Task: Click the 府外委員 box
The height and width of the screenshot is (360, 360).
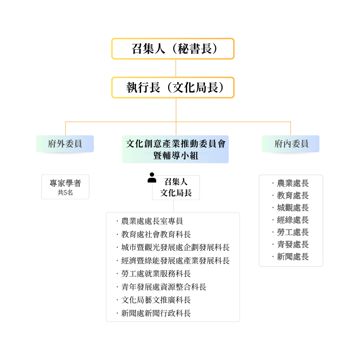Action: click(65, 144)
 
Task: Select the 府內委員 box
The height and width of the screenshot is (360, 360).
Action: click(291, 144)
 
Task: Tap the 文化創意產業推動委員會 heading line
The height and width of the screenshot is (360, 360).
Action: click(176, 144)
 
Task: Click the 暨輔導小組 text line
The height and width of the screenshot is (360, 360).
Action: click(176, 156)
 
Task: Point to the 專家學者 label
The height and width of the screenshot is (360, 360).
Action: click(65, 183)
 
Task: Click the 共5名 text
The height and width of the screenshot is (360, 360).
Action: click(65, 193)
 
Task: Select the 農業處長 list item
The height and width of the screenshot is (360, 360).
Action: click(292, 183)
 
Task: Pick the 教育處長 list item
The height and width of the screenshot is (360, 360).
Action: click(292, 195)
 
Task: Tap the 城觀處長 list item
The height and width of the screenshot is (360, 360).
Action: click(292, 208)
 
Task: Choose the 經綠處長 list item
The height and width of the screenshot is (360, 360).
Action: click(292, 220)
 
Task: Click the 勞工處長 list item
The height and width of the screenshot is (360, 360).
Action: click(292, 232)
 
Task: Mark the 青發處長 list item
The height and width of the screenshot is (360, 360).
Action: click(292, 244)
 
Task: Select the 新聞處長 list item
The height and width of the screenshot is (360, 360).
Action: click(292, 257)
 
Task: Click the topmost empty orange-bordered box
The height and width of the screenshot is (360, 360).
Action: click(173, 49)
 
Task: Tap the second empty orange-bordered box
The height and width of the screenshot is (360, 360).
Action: click(173, 87)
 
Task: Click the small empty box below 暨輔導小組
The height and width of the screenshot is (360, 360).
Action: click(176, 188)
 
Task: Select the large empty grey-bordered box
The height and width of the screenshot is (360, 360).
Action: click(173, 267)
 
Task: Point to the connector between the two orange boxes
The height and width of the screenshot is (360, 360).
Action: click(176, 68)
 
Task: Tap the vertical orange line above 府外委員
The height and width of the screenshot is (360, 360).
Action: click(66, 128)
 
